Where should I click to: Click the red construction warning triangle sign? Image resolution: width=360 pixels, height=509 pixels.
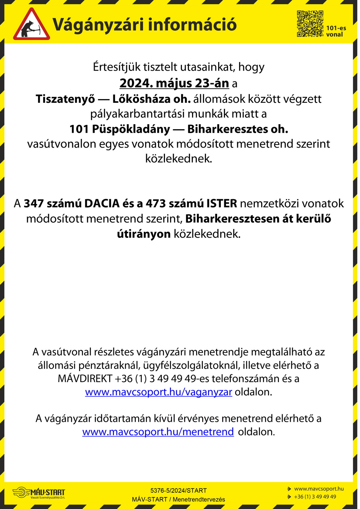click(32, 25)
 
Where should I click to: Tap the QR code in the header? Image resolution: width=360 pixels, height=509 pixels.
click(310, 23)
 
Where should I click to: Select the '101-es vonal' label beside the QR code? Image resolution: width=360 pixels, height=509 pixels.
click(336, 31)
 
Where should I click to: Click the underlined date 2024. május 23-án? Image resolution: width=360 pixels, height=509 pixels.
click(174, 83)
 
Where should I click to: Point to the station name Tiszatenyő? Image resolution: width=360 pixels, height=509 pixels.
click(65, 99)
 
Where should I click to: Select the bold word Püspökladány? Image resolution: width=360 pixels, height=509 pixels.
click(131, 129)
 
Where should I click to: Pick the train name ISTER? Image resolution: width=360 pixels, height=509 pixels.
click(222, 203)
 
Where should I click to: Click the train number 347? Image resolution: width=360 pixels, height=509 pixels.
click(34, 203)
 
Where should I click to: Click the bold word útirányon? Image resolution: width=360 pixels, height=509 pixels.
click(144, 234)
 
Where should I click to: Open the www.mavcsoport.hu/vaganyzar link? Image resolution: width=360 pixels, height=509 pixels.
click(158, 392)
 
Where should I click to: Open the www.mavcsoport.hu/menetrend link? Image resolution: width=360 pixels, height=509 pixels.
click(158, 432)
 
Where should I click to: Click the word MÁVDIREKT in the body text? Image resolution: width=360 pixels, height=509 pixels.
click(85, 378)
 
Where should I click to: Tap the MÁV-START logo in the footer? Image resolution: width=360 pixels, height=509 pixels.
click(39, 492)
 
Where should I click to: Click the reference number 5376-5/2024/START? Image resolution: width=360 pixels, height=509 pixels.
click(178, 490)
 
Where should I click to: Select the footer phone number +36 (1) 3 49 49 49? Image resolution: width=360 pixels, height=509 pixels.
click(315, 496)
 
